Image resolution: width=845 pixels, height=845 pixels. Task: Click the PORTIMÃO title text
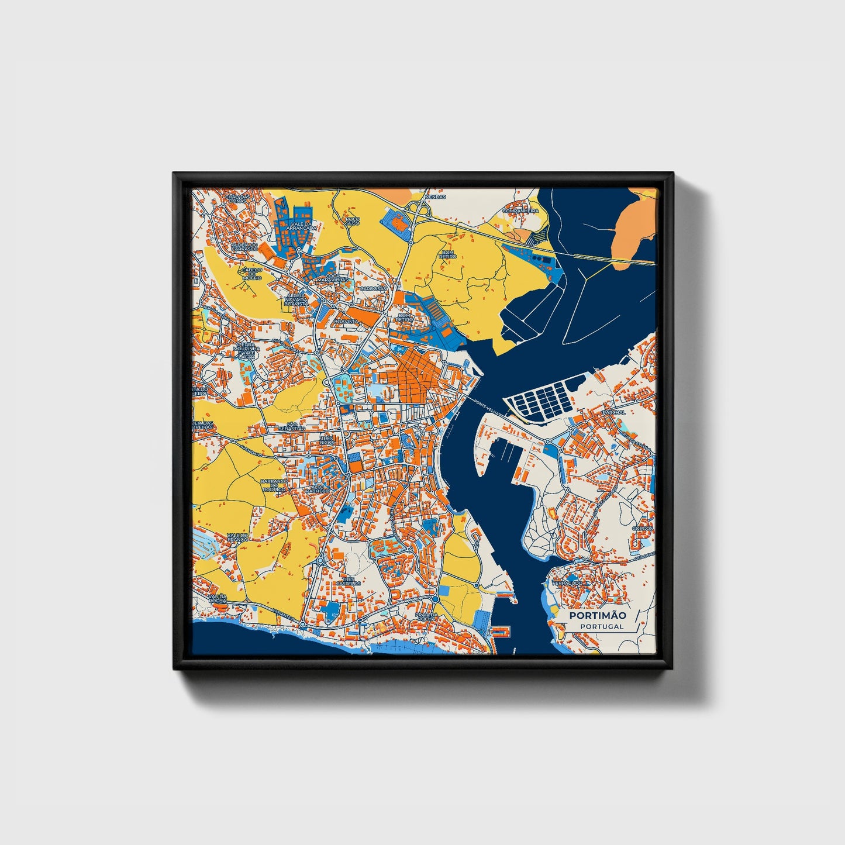point(598,615)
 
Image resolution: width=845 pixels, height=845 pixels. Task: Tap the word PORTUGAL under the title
point(602,626)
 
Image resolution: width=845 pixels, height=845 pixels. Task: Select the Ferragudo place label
point(569,583)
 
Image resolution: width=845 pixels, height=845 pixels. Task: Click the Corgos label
point(642,528)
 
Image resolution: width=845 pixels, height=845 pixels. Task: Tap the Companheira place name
point(519,209)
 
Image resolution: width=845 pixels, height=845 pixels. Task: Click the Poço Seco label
point(352,221)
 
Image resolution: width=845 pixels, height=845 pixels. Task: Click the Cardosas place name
point(373,288)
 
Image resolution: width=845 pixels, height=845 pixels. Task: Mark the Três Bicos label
point(326,440)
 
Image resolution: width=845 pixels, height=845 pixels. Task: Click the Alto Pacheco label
point(320,489)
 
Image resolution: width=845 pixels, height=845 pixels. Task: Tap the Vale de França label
point(239,537)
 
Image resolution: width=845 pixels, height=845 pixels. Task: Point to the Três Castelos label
point(349,580)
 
